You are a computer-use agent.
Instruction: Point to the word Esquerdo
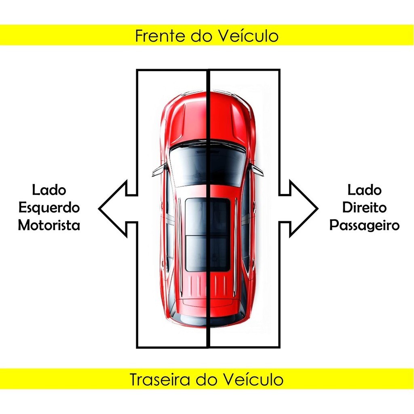(49, 208)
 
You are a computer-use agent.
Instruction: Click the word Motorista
(49, 225)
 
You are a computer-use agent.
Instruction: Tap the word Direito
(364, 208)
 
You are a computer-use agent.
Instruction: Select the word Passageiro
(364, 225)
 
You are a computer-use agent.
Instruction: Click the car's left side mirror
(160, 170)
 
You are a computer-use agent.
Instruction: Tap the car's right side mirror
(256, 170)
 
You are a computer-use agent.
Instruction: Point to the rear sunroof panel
(207, 253)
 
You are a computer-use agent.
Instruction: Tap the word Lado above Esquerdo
(49, 190)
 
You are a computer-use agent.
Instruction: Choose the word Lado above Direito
(364, 190)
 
